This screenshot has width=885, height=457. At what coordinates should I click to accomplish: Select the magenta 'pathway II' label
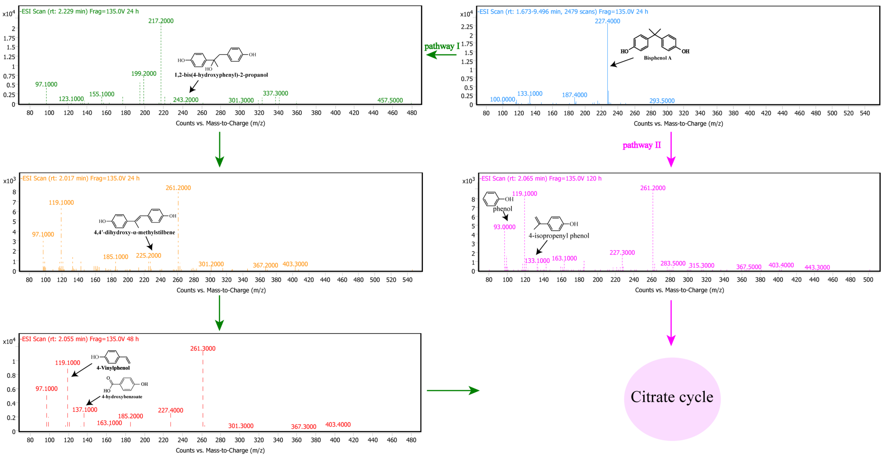tap(641, 145)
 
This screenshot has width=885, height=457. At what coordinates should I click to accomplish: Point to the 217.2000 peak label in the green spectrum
tap(161, 21)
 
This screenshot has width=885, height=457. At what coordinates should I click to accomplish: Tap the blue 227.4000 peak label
tap(607, 21)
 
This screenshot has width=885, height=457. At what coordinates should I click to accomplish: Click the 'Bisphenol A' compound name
tap(657, 58)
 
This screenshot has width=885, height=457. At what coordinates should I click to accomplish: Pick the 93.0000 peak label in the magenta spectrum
tap(504, 227)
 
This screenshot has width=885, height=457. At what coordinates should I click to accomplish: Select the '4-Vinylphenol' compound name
tap(113, 368)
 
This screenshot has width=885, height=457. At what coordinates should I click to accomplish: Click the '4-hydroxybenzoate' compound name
tap(122, 397)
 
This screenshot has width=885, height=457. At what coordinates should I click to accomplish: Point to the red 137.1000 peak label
tap(85, 409)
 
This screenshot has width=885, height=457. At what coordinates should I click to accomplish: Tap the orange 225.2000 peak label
tap(148, 255)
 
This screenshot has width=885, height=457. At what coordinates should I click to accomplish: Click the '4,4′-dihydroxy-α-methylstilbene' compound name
tap(134, 232)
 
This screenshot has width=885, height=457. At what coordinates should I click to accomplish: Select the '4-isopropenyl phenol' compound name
tap(559, 236)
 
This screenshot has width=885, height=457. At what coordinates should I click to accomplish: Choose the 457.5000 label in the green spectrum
tap(390, 101)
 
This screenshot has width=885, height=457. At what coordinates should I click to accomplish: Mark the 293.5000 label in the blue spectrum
tap(662, 101)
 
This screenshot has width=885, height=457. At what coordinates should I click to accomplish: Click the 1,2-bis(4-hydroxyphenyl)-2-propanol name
tap(221, 75)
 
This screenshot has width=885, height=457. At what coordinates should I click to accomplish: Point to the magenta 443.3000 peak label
tap(817, 267)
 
